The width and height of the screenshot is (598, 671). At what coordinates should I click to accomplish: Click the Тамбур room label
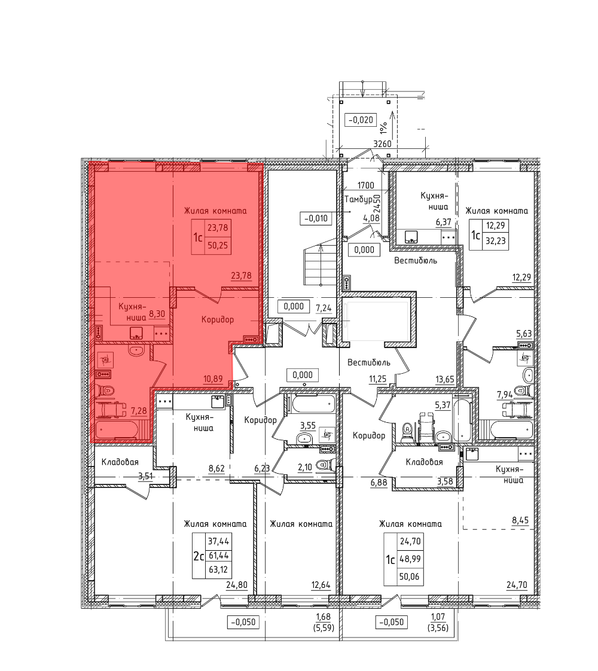click(358, 200)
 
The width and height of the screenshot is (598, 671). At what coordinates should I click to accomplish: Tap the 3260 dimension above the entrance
click(382, 144)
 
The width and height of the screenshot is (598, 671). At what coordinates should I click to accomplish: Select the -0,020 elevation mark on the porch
click(361, 120)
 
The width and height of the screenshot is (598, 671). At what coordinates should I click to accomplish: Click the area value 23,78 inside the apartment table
click(218, 228)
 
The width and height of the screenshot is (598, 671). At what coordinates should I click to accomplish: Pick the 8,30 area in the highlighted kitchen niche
click(157, 314)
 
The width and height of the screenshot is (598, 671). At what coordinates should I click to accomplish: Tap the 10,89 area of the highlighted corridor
click(213, 379)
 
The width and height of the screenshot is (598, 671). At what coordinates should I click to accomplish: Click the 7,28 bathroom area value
click(139, 411)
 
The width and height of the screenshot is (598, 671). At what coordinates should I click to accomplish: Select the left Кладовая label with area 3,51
click(120, 462)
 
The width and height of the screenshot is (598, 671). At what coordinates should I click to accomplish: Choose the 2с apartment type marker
click(199, 556)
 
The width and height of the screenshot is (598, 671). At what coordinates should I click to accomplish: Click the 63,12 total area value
click(218, 570)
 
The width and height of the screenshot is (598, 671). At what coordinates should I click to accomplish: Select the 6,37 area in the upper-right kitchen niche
click(443, 222)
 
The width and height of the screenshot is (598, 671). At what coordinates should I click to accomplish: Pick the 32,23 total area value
click(496, 241)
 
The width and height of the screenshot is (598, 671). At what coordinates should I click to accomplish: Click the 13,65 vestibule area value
click(444, 379)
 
